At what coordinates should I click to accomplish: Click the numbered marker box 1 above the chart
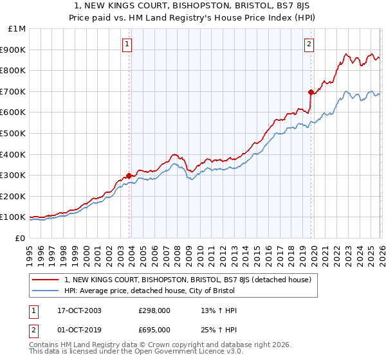click(127, 44)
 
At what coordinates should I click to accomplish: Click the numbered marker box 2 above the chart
click(309, 44)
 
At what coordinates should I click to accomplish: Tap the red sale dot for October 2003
click(129, 175)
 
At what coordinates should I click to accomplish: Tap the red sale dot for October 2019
click(311, 92)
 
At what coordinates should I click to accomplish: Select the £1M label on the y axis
click(16, 29)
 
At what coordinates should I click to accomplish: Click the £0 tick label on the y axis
click(19, 238)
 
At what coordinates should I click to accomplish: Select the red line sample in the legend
click(47, 280)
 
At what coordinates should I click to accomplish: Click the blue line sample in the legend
click(47, 291)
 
